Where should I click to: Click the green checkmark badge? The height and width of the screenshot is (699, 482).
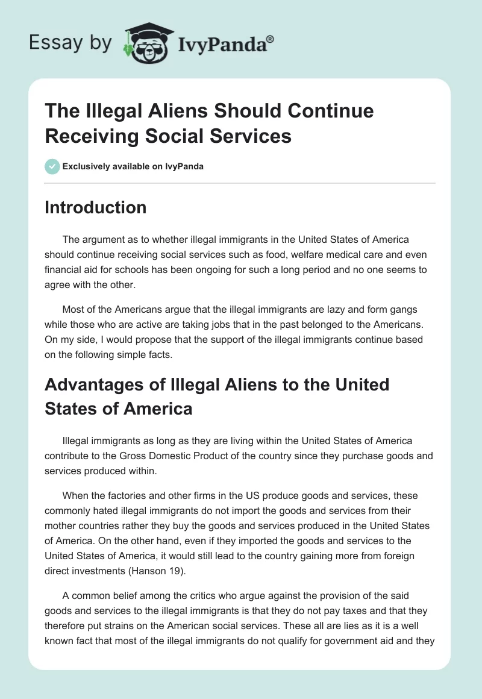click(52, 166)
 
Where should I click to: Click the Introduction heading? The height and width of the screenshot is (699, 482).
click(95, 208)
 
